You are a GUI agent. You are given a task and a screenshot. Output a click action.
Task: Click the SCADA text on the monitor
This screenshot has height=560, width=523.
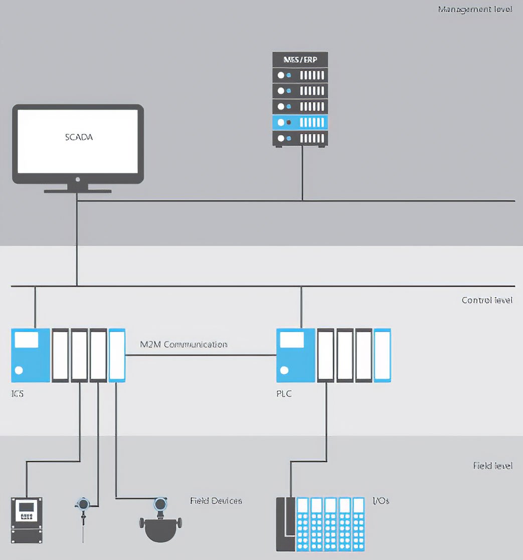click(79, 137)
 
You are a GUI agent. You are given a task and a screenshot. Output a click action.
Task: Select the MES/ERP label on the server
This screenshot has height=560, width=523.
click(300, 59)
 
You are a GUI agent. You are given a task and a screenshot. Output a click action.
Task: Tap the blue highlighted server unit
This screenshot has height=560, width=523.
click(300, 122)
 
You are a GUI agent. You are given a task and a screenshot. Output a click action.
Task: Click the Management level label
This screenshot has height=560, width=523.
click(475, 10)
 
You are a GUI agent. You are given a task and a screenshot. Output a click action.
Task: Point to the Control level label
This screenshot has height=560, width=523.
click(487, 300)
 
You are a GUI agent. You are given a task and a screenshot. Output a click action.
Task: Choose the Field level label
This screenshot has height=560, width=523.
click(492, 465)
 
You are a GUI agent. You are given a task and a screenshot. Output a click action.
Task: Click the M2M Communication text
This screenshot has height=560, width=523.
click(184, 345)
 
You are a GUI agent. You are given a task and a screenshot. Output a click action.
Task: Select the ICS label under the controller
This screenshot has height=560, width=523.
click(17, 394)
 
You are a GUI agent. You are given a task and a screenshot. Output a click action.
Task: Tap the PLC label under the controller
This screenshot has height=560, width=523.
click(284, 394)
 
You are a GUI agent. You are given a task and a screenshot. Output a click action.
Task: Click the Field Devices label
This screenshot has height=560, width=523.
click(216, 500)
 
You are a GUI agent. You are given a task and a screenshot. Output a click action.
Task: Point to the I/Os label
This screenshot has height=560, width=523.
click(381, 500)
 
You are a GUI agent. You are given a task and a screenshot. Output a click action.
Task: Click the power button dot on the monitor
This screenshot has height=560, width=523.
click(77, 179)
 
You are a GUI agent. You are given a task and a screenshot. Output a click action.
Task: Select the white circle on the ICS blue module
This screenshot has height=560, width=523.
click(19, 371)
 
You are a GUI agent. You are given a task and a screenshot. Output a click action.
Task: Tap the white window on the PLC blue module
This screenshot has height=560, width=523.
click(292, 340)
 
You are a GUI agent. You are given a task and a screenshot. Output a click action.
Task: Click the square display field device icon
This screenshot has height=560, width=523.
click(27, 520)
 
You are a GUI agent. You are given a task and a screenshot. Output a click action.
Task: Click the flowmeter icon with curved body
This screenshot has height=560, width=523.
click(160, 523)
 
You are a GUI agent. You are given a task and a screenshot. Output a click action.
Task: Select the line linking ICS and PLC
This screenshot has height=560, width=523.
click(201, 355)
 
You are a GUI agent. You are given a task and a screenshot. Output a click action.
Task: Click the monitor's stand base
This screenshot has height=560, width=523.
click(77, 191)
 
